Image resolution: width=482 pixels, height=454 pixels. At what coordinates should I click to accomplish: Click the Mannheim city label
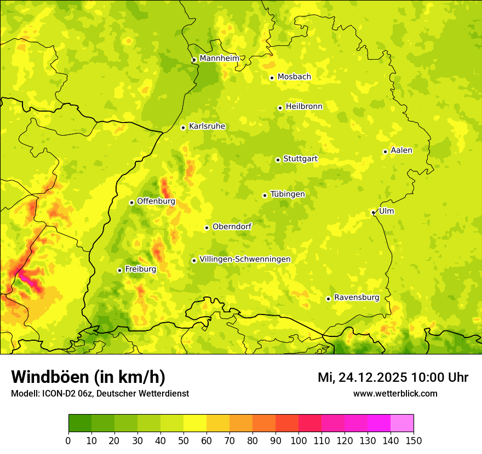click(219, 59)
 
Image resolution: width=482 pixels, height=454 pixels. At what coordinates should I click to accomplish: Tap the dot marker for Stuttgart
click(278, 160)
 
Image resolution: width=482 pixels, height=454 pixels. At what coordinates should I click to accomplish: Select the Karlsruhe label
click(206, 126)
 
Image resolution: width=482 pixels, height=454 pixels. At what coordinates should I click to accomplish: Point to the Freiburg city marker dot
click(119, 270)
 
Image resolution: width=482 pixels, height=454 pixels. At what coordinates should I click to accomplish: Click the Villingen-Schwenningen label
click(245, 259)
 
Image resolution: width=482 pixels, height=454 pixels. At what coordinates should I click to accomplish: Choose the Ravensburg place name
click(356, 298)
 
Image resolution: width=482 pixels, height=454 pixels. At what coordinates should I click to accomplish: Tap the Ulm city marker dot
click(373, 212)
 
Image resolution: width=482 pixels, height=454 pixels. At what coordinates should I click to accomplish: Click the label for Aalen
click(401, 150)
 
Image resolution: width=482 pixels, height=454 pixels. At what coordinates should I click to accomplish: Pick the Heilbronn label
click(304, 107)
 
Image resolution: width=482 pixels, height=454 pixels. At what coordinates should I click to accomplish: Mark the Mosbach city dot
click(272, 78)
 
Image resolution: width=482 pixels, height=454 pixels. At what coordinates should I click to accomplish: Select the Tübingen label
click(287, 194)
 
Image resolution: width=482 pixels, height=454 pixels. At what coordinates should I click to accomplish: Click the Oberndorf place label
click(232, 226)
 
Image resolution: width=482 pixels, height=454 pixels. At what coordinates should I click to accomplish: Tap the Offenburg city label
click(156, 201)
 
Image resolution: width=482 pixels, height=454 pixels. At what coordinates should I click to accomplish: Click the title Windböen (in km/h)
click(88, 377)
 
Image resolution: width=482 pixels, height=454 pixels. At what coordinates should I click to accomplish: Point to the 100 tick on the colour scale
click(299, 440)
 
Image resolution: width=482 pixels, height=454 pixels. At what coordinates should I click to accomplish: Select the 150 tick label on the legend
click(414, 440)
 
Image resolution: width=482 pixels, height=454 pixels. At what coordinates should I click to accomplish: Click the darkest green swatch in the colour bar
click(80, 423)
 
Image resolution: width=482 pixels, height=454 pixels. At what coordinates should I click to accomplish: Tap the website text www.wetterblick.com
click(395, 393)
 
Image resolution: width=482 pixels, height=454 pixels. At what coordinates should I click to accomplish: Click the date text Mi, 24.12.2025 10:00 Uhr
click(393, 377)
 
